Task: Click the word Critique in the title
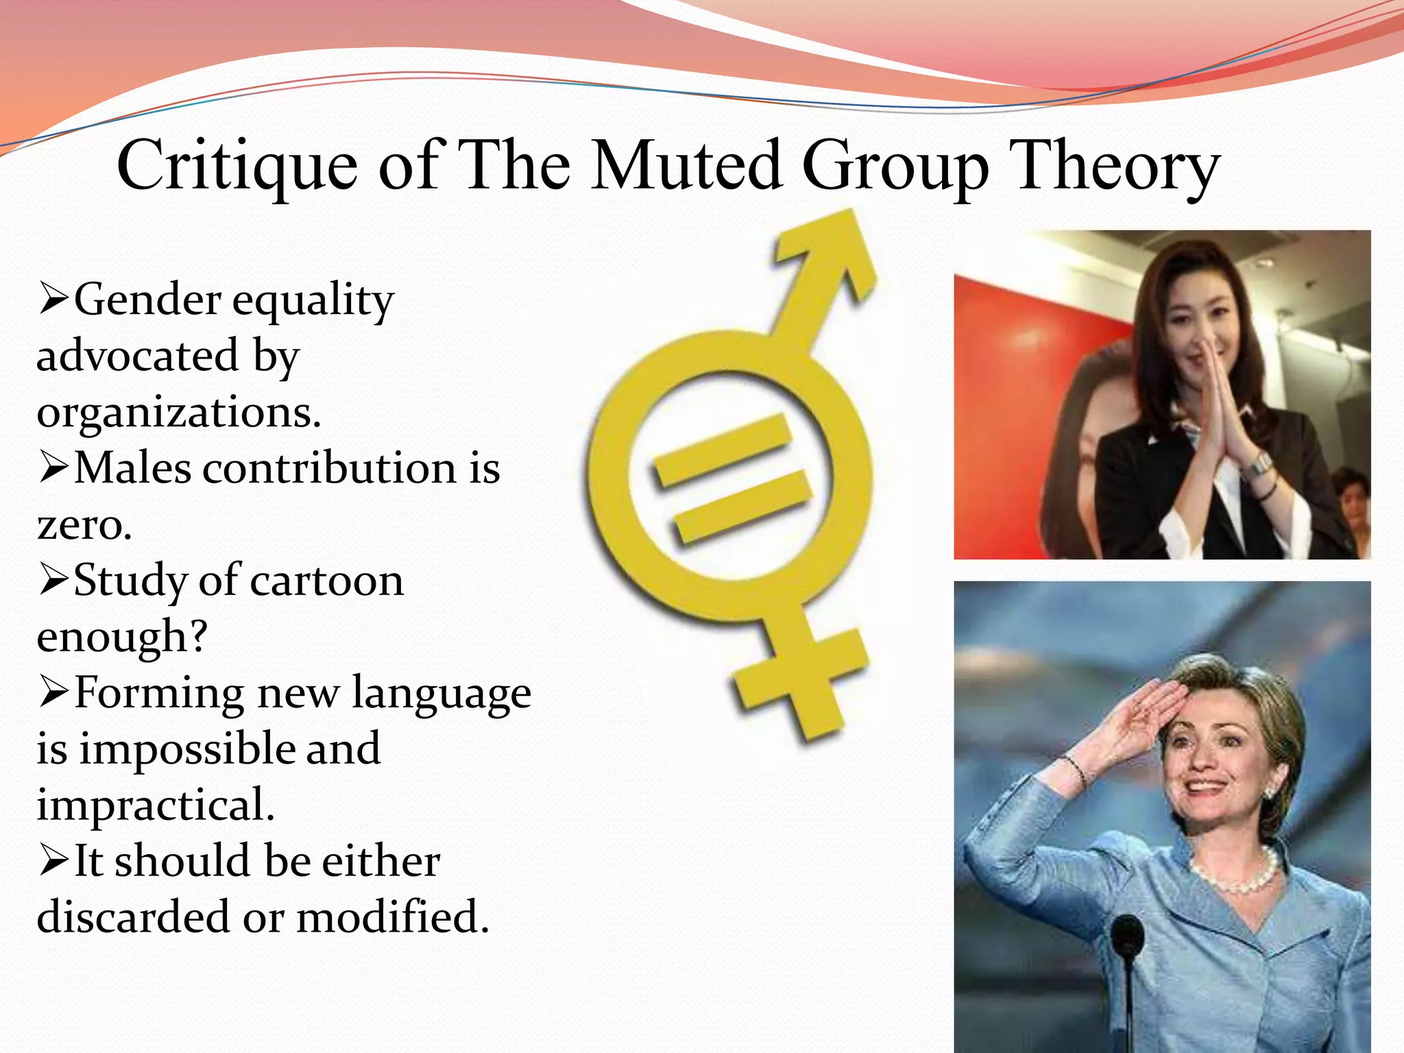[237, 167]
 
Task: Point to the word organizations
[179, 413]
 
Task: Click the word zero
[84, 525]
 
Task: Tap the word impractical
[156, 805]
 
